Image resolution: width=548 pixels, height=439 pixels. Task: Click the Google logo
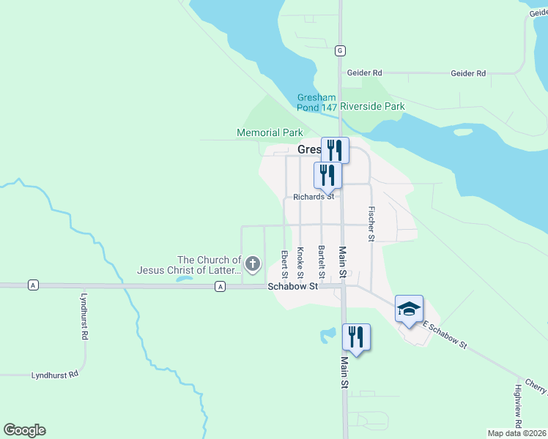(24, 430)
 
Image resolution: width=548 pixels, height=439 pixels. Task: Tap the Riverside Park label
(372, 106)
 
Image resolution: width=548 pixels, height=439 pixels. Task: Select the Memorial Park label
(270, 132)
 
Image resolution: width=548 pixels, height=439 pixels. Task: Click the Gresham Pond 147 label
(316, 102)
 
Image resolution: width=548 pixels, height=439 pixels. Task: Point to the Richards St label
(314, 197)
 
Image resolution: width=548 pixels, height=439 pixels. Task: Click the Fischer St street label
(372, 224)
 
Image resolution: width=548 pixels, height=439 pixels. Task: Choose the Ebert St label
(284, 264)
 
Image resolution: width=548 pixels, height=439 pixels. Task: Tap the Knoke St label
(300, 263)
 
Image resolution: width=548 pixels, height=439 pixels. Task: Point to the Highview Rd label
(518, 406)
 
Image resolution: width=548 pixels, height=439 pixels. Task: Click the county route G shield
(340, 50)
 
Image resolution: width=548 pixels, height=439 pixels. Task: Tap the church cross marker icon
(253, 263)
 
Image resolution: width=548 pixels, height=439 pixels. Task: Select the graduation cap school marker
(409, 308)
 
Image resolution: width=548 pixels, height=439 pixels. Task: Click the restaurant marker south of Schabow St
(356, 337)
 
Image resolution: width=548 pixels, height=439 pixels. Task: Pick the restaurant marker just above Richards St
(327, 176)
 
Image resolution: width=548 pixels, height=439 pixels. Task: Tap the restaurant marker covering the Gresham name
(335, 150)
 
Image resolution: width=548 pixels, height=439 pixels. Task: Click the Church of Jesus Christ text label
(210, 265)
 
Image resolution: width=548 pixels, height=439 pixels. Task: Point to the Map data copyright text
(516, 433)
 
